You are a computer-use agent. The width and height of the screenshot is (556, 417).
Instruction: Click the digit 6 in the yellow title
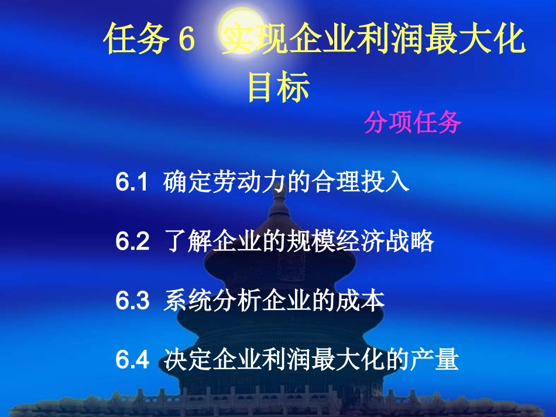[x=184, y=40]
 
